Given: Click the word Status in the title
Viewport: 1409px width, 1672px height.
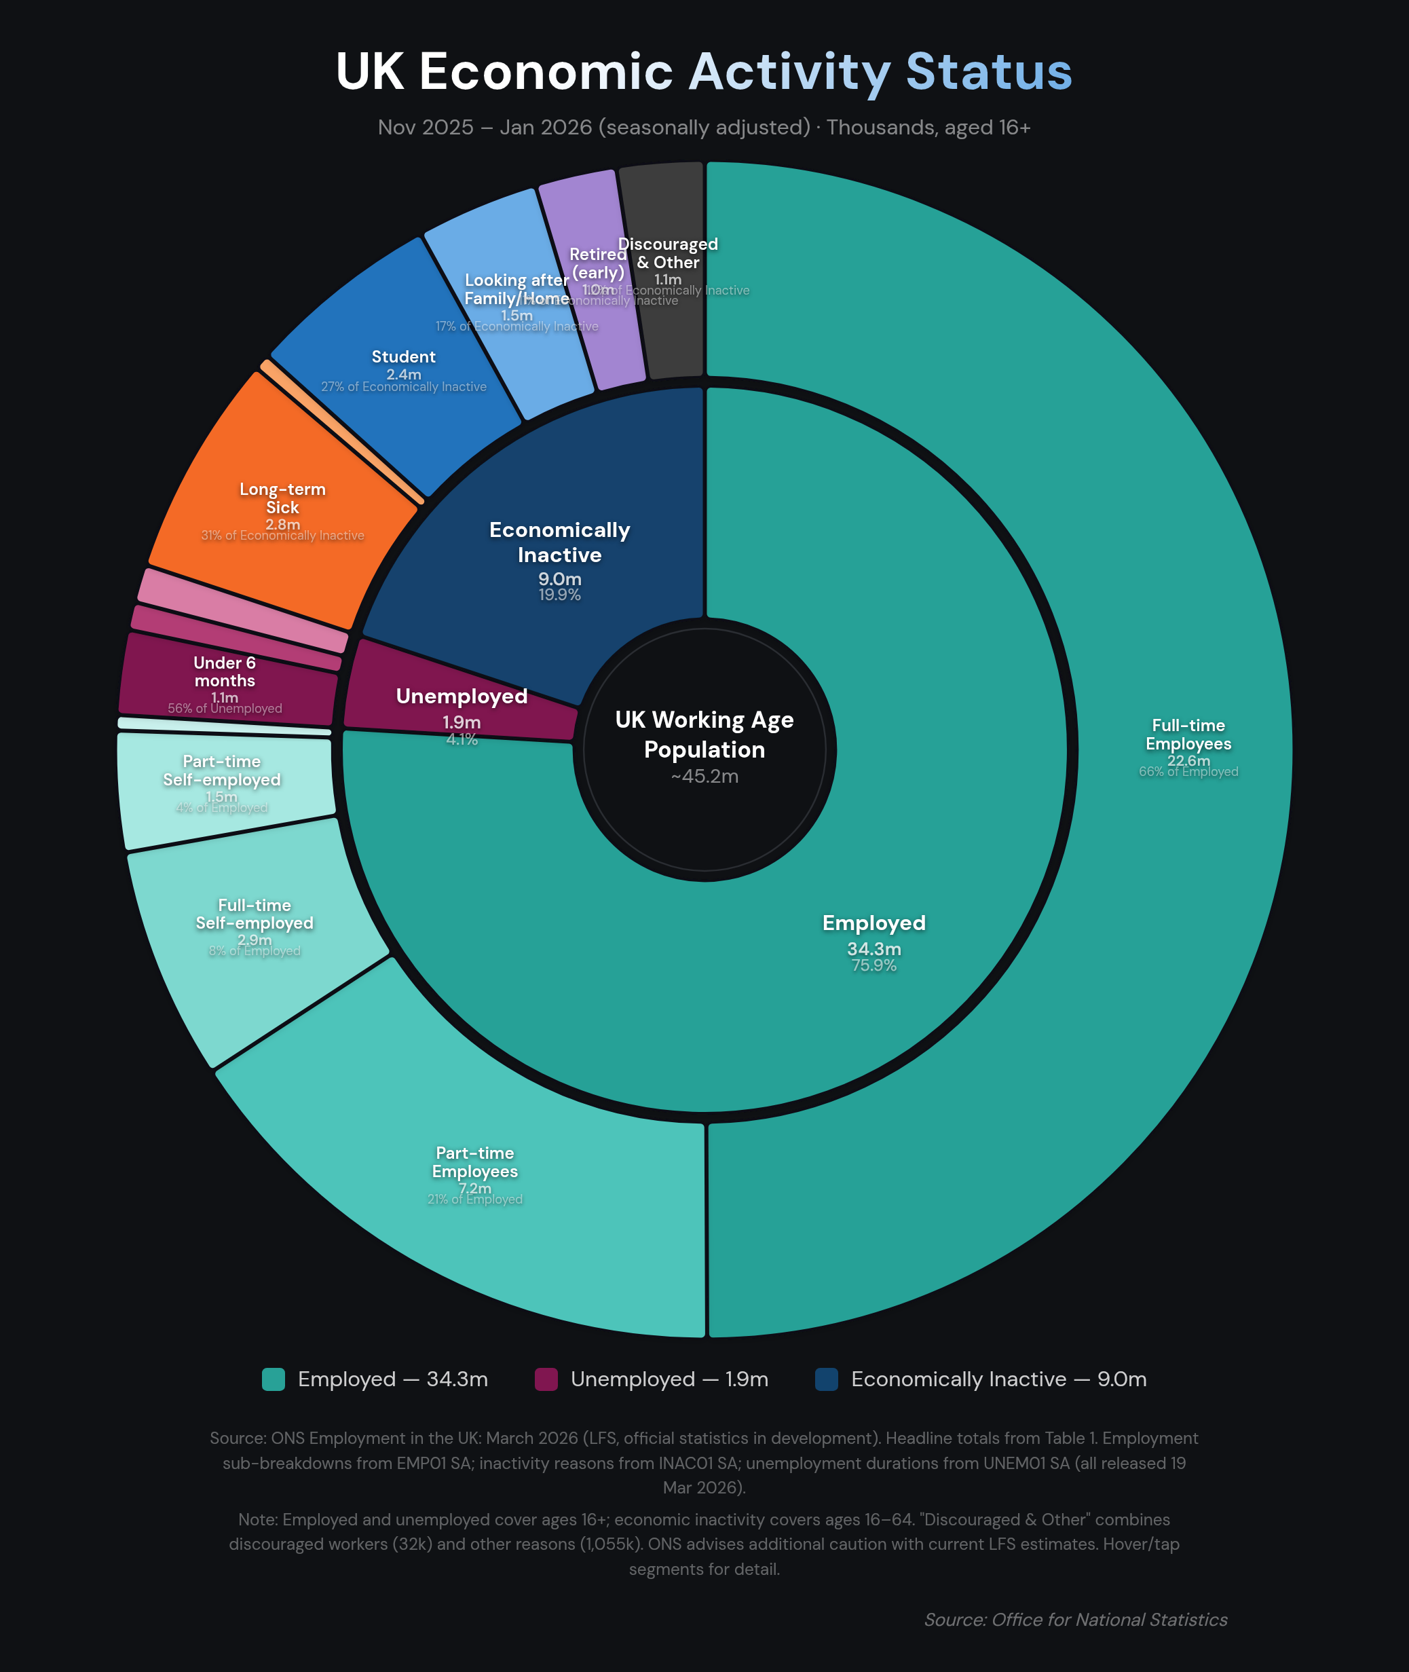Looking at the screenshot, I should point(988,72).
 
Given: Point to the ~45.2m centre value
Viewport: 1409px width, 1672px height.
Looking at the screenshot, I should point(704,777).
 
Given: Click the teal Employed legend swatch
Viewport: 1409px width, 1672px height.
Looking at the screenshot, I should point(273,1379).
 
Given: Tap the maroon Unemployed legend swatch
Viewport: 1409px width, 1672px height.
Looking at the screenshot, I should point(546,1379).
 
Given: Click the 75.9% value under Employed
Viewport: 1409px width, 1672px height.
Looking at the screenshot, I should point(873,965).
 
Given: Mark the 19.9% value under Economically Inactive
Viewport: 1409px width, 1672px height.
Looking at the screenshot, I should point(559,595).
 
